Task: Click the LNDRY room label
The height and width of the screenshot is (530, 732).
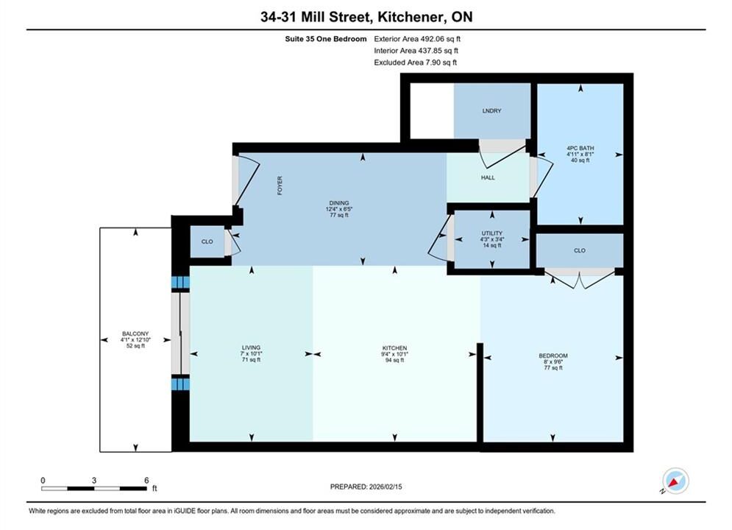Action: (x=491, y=110)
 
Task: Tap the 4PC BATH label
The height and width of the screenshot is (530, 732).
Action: (x=580, y=148)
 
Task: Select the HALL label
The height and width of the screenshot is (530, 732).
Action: (x=488, y=177)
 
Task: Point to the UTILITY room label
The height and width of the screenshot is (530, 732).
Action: (x=492, y=233)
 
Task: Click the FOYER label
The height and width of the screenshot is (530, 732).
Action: (x=280, y=185)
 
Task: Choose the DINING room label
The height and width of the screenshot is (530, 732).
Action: (x=339, y=203)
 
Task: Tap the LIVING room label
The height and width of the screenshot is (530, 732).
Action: (x=251, y=347)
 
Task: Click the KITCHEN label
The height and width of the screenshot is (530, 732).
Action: (x=394, y=348)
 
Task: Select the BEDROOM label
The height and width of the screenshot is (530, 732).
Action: (x=553, y=356)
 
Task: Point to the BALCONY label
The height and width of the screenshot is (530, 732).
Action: (x=135, y=334)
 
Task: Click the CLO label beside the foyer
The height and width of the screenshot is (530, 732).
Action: (x=207, y=241)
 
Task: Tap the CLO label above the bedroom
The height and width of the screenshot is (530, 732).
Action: (x=579, y=250)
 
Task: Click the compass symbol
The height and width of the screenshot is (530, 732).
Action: (x=675, y=481)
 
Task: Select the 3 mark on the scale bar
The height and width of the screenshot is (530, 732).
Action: (x=94, y=480)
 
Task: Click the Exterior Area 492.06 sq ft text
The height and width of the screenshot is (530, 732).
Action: (x=417, y=39)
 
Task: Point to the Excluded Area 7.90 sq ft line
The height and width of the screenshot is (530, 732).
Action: (x=415, y=62)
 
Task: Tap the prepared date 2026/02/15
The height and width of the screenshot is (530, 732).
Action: (x=385, y=487)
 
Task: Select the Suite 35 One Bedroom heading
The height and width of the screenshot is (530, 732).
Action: (x=326, y=39)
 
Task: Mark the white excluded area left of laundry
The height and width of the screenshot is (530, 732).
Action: (x=432, y=111)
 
